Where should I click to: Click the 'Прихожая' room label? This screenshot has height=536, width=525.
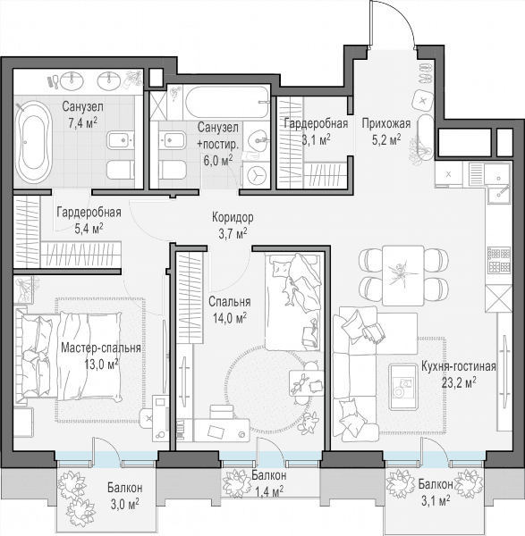[386, 123]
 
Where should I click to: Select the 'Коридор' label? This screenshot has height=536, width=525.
[233, 217]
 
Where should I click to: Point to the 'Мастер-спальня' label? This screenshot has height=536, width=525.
[101, 348]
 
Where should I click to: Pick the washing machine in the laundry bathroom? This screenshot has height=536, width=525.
[256, 175]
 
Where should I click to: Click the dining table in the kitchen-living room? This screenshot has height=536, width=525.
[403, 275]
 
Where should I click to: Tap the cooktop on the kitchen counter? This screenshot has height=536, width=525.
[499, 261]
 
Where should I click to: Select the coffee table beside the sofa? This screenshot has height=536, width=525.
[403, 387]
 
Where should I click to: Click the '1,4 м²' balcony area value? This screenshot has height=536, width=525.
[269, 491]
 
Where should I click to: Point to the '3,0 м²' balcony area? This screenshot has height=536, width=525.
[124, 504]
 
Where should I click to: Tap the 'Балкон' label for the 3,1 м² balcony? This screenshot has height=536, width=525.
[436, 484]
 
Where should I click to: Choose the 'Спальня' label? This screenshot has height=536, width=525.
[230, 302]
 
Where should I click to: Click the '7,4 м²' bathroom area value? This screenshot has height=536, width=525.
[82, 122]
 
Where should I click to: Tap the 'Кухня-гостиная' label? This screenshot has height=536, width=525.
[459, 366]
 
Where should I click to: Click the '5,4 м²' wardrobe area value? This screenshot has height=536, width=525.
[89, 228]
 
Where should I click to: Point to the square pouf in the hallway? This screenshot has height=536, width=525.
[423, 100]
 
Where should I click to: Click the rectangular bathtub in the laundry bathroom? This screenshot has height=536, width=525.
[227, 102]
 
